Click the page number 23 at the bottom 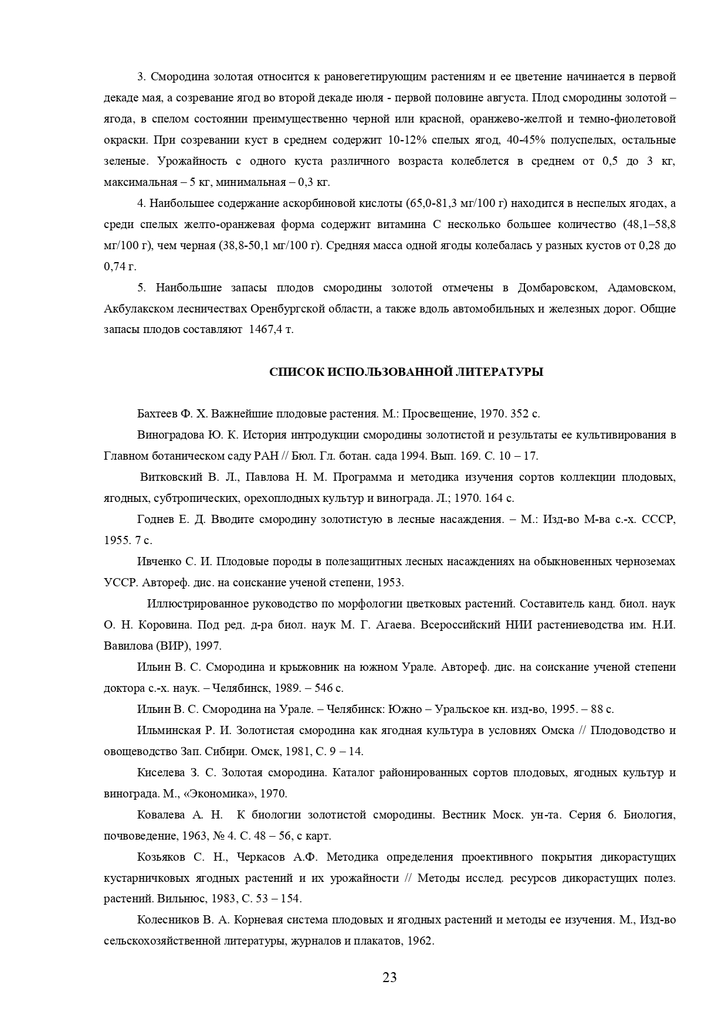(390, 977)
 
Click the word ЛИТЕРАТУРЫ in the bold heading (499, 372)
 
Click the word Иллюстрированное (199, 604)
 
